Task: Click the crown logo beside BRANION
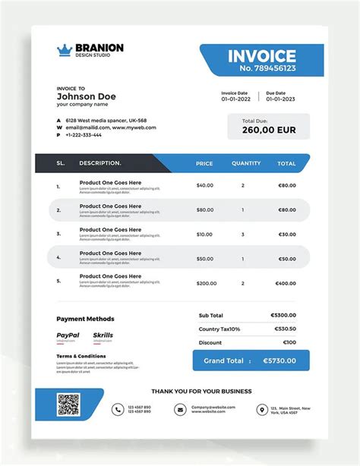click(64, 50)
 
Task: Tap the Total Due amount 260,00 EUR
click(269, 131)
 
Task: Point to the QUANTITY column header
click(246, 163)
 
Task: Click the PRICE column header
click(204, 163)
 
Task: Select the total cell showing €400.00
click(286, 283)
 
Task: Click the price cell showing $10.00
click(205, 235)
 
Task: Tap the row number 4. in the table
click(58, 259)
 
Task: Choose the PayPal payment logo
click(68, 335)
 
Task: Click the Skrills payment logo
click(103, 335)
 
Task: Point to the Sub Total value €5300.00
click(284, 315)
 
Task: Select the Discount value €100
click(289, 342)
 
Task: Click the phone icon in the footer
click(118, 409)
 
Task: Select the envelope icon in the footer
click(180, 409)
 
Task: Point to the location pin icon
click(262, 409)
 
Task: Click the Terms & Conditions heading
click(81, 355)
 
